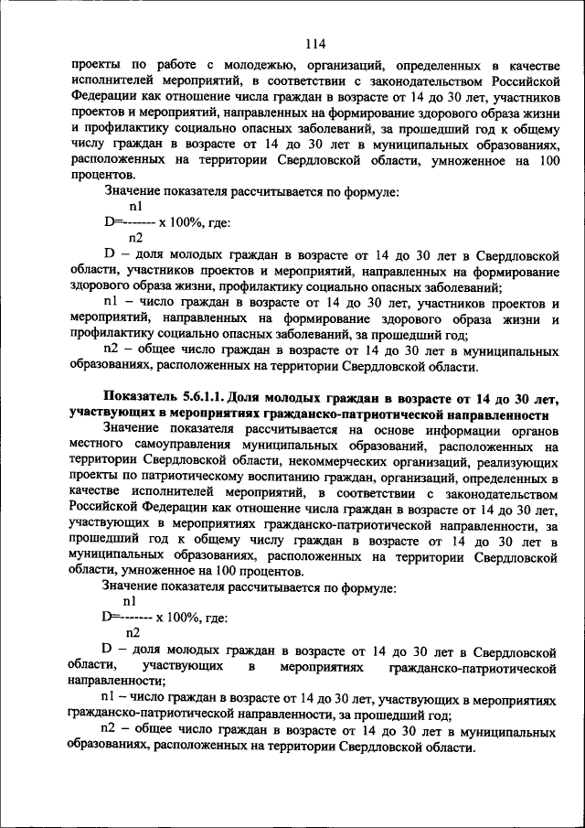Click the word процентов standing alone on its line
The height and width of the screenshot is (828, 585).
[101, 174]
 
